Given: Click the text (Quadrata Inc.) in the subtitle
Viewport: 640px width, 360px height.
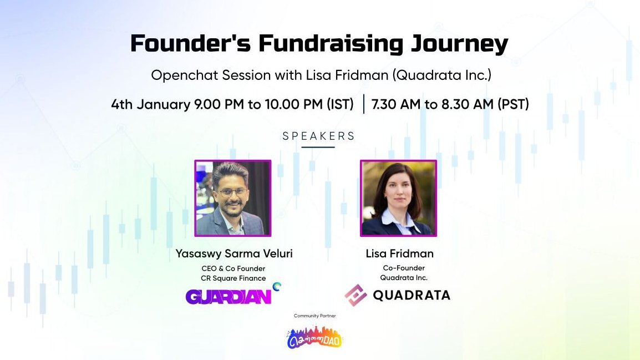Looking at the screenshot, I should [441, 75].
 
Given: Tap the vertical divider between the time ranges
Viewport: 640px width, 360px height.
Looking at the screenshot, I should [364, 104].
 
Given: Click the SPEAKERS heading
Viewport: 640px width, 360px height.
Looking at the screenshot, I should [319, 136].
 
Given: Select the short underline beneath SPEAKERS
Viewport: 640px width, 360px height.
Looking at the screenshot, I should [318, 147].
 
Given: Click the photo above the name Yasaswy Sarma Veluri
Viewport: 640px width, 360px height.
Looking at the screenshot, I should [232, 198].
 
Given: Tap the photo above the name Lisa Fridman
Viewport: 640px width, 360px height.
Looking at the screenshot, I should [398, 198].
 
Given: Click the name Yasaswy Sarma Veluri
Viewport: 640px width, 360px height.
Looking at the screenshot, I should [233, 253].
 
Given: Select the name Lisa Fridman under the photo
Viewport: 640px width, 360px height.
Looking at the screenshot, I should [399, 253].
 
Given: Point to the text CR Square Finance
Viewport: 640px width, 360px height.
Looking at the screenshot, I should [233, 278].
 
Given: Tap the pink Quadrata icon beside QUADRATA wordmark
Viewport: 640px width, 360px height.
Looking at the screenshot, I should [355, 296].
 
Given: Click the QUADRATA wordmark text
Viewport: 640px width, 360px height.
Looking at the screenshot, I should [411, 296].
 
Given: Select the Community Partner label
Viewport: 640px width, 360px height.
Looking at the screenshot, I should [314, 316].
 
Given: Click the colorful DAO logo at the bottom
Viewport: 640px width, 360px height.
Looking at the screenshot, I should [314, 337].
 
